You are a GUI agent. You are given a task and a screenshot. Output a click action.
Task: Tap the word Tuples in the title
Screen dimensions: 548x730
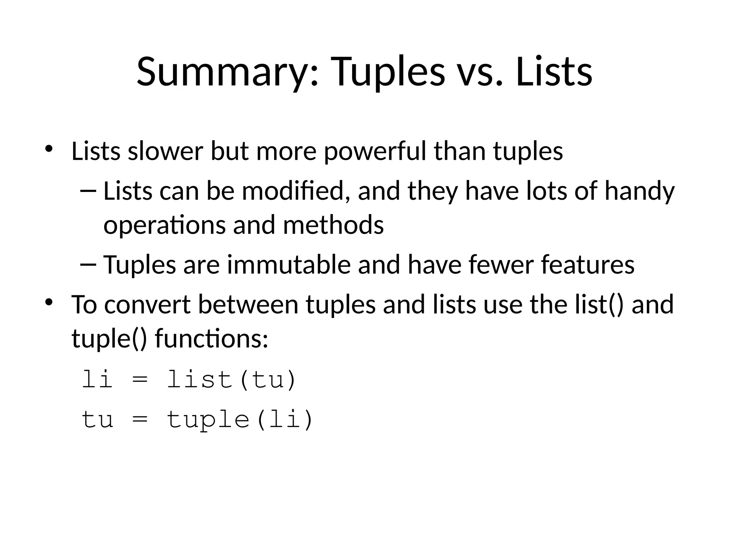(x=388, y=72)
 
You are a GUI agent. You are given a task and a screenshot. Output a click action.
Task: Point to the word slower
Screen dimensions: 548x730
(x=165, y=151)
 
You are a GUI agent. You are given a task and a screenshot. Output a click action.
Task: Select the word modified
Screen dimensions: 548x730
(x=293, y=191)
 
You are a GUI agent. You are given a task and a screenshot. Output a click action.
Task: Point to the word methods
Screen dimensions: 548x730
(x=333, y=225)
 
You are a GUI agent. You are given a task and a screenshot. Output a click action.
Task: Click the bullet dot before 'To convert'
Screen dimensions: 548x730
(x=49, y=302)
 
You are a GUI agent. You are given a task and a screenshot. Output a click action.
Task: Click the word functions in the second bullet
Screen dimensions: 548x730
(x=211, y=339)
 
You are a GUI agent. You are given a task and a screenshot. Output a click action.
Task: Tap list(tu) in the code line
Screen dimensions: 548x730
(x=231, y=379)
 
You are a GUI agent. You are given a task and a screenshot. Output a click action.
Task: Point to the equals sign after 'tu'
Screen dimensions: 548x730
(x=139, y=420)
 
